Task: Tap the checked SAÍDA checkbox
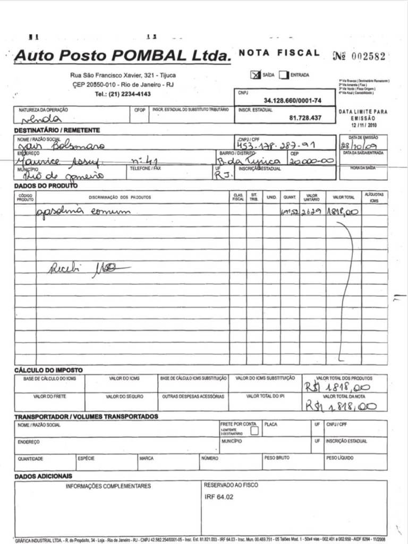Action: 256,75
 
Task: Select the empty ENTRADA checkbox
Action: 284,75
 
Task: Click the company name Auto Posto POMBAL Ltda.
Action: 123,55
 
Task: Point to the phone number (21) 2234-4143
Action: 123,94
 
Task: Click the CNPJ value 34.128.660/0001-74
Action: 292,100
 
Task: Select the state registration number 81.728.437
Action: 305,118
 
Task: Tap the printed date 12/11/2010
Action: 363,125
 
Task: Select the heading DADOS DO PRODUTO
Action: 46,185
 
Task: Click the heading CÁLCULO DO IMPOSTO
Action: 48,370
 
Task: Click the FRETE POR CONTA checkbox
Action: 254,431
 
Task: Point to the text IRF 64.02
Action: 218,497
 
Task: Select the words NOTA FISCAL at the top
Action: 279,53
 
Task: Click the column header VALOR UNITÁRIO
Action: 311,197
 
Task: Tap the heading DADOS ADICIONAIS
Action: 43,476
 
